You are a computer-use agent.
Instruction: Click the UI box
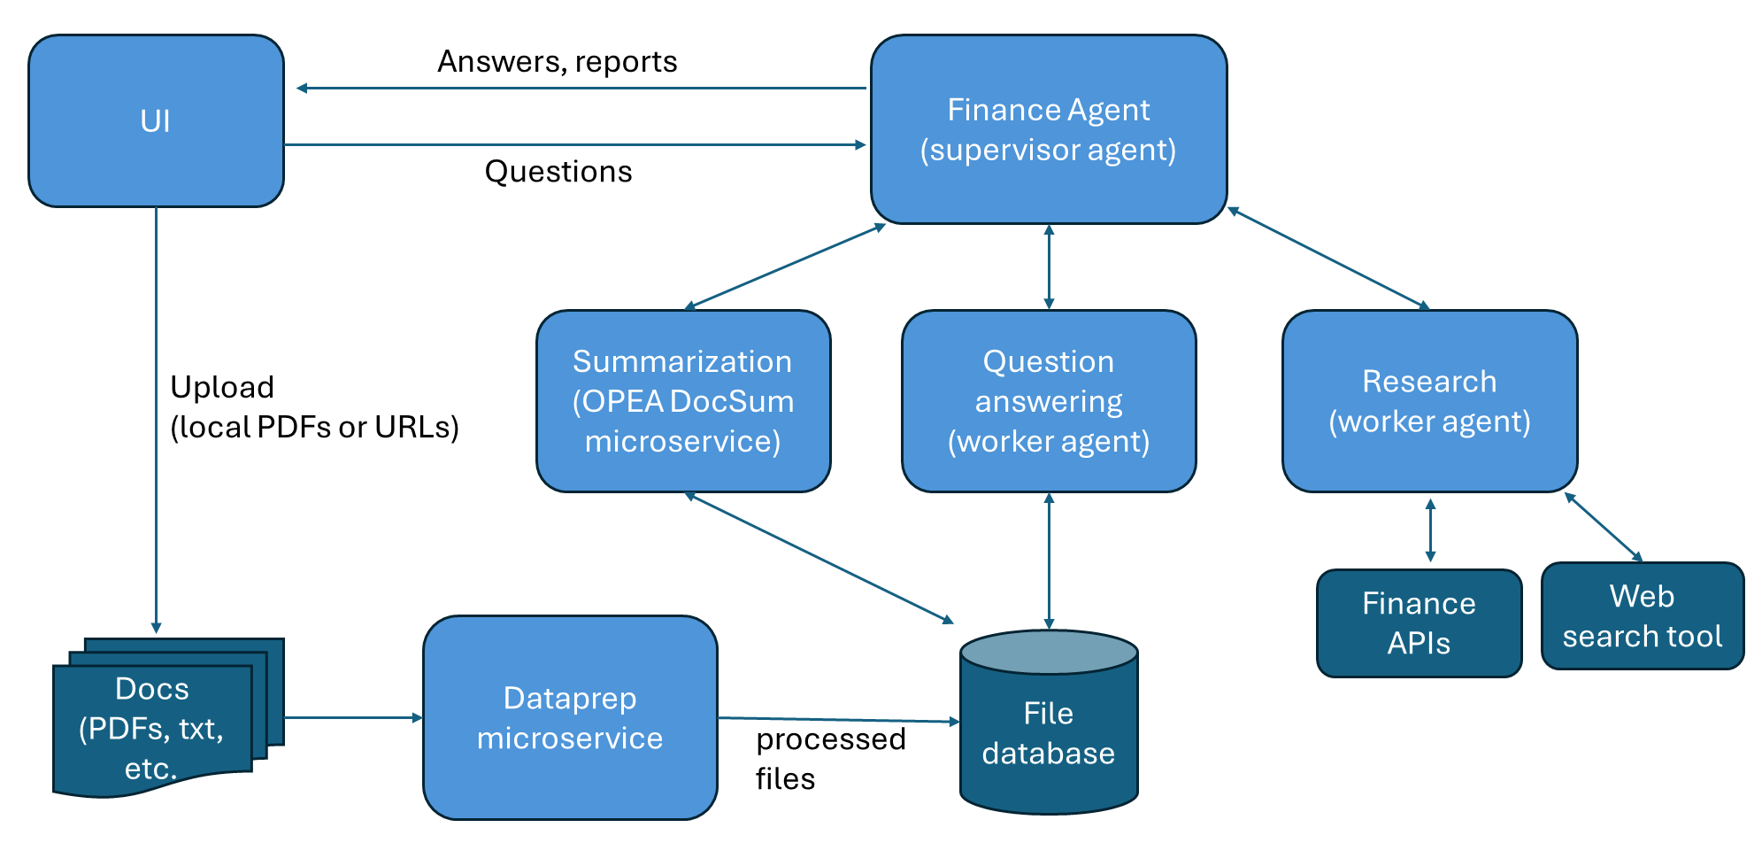(x=156, y=121)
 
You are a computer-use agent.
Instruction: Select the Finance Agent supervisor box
(x=1048, y=129)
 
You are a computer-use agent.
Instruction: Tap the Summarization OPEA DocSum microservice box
(x=682, y=401)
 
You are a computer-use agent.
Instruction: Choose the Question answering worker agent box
(x=1048, y=401)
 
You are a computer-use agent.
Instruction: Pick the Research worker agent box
(x=1428, y=401)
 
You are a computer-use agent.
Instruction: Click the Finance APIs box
(x=1418, y=623)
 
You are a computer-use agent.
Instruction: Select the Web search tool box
(x=1642, y=616)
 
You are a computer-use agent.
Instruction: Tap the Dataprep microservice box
(x=569, y=718)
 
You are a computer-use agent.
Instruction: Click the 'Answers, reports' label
(x=557, y=61)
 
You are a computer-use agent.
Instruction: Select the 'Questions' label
(x=558, y=171)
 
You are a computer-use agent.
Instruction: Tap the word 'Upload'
(x=221, y=387)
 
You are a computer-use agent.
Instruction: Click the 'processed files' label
(x=829, y=758)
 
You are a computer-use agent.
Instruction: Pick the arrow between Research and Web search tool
(x=1603, y=527)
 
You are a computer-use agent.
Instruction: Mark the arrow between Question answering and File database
(x=1049, y=561)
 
